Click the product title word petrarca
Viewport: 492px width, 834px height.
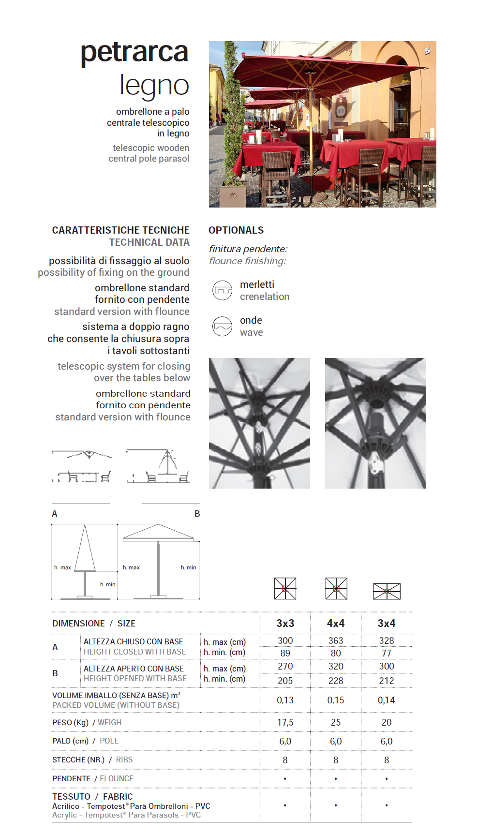134,53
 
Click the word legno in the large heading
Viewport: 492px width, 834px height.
154,86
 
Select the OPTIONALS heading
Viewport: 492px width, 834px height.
236,230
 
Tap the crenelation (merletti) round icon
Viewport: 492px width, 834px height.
223,290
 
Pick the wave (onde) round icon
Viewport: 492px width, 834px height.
223,326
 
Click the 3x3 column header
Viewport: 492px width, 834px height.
285,623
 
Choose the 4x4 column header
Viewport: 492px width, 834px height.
336,623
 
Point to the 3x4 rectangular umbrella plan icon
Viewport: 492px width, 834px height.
387,591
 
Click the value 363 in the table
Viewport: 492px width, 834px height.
336,640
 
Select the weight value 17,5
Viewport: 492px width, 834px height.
285,722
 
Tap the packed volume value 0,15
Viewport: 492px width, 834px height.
336,700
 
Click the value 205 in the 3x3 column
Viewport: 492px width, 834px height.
285,681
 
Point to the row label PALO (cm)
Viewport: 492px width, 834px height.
71,741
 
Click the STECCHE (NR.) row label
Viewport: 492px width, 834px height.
78,760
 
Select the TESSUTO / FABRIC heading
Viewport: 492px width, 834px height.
92,796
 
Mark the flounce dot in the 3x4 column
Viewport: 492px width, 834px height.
387,778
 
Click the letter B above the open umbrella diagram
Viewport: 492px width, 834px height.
197,514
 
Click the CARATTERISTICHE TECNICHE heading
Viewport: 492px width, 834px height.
120,230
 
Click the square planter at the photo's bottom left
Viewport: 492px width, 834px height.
233,195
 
